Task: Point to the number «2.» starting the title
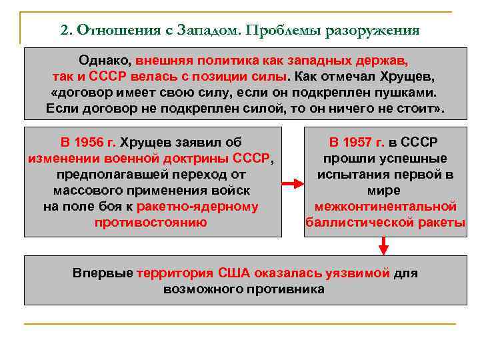click(x=67, y=31)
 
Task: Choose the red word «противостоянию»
click(x=151, y=223)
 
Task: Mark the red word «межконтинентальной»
click(x=385, y=207)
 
